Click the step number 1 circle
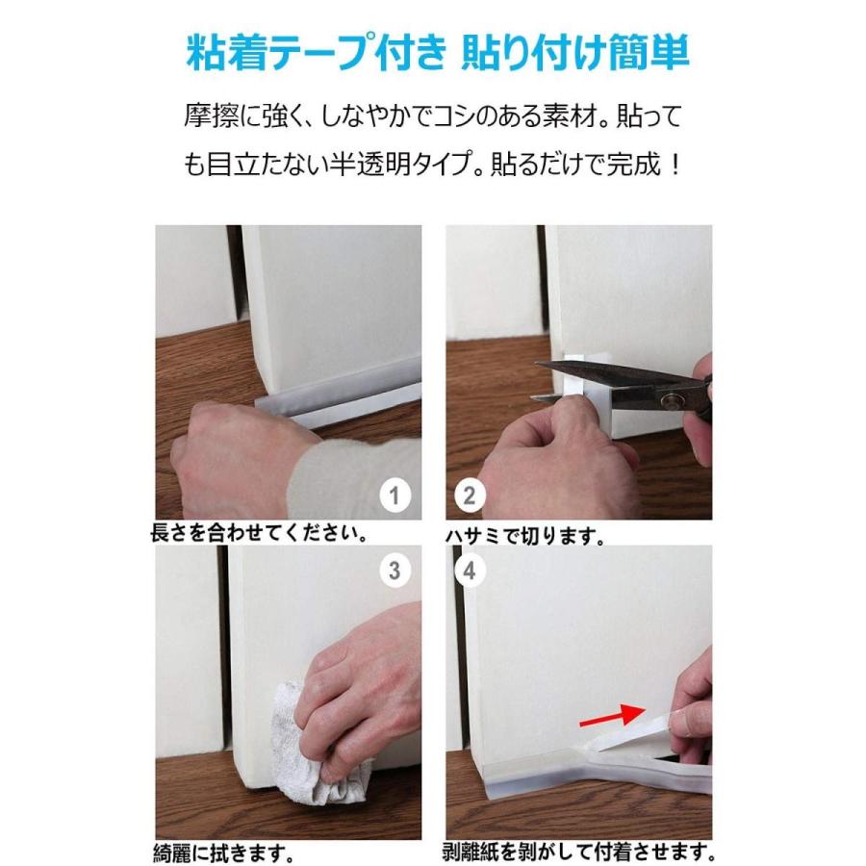394,497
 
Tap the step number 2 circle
470,497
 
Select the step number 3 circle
394,570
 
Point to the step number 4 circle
470,570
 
